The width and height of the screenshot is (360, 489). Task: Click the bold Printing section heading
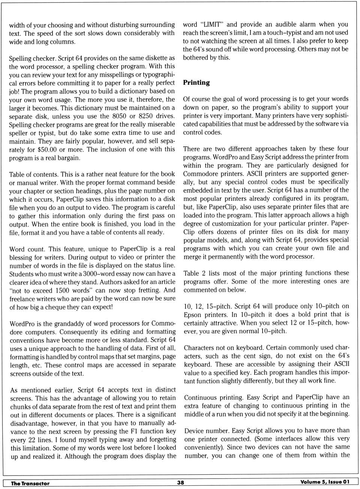coord(196,82)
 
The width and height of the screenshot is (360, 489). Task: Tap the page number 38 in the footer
coord(180,483)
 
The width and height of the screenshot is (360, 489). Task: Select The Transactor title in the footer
coord(30,483)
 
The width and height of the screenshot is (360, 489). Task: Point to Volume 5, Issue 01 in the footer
coord(325,482)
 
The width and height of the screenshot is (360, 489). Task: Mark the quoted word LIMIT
coord(211,24)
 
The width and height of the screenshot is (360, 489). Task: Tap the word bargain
coord(68,158)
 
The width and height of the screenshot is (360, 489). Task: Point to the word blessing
coord(22,257)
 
